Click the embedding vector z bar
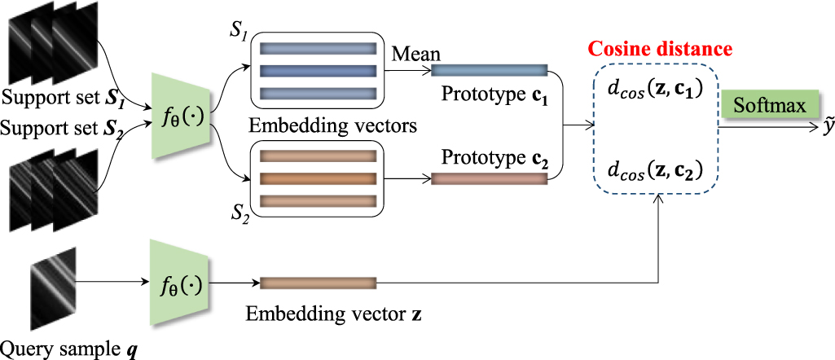(x=318, y=283)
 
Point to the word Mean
(x=416, y=55)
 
